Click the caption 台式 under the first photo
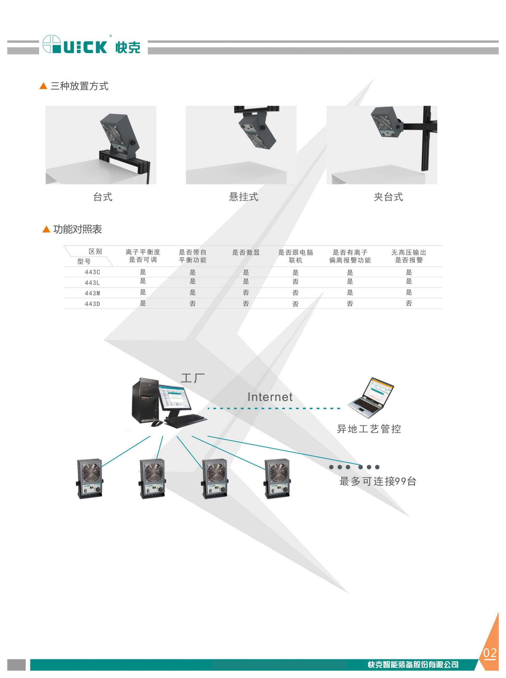tap(103, 197)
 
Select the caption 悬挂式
tap(244, 197)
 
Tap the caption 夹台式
tap(388, 197)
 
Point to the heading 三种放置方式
tap(79, 86)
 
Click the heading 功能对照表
tap(77, 229)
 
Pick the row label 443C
tap(92, 272)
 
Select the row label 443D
tap(92, 304)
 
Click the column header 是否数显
tap(246, 252)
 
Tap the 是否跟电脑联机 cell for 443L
tap(295, 282)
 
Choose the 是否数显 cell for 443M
tap(246, 292)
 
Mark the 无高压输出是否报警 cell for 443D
tap(409, 303)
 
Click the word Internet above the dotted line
tap(270, 397)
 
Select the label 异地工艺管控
tap(369, 429)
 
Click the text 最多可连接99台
tap(378, 481)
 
